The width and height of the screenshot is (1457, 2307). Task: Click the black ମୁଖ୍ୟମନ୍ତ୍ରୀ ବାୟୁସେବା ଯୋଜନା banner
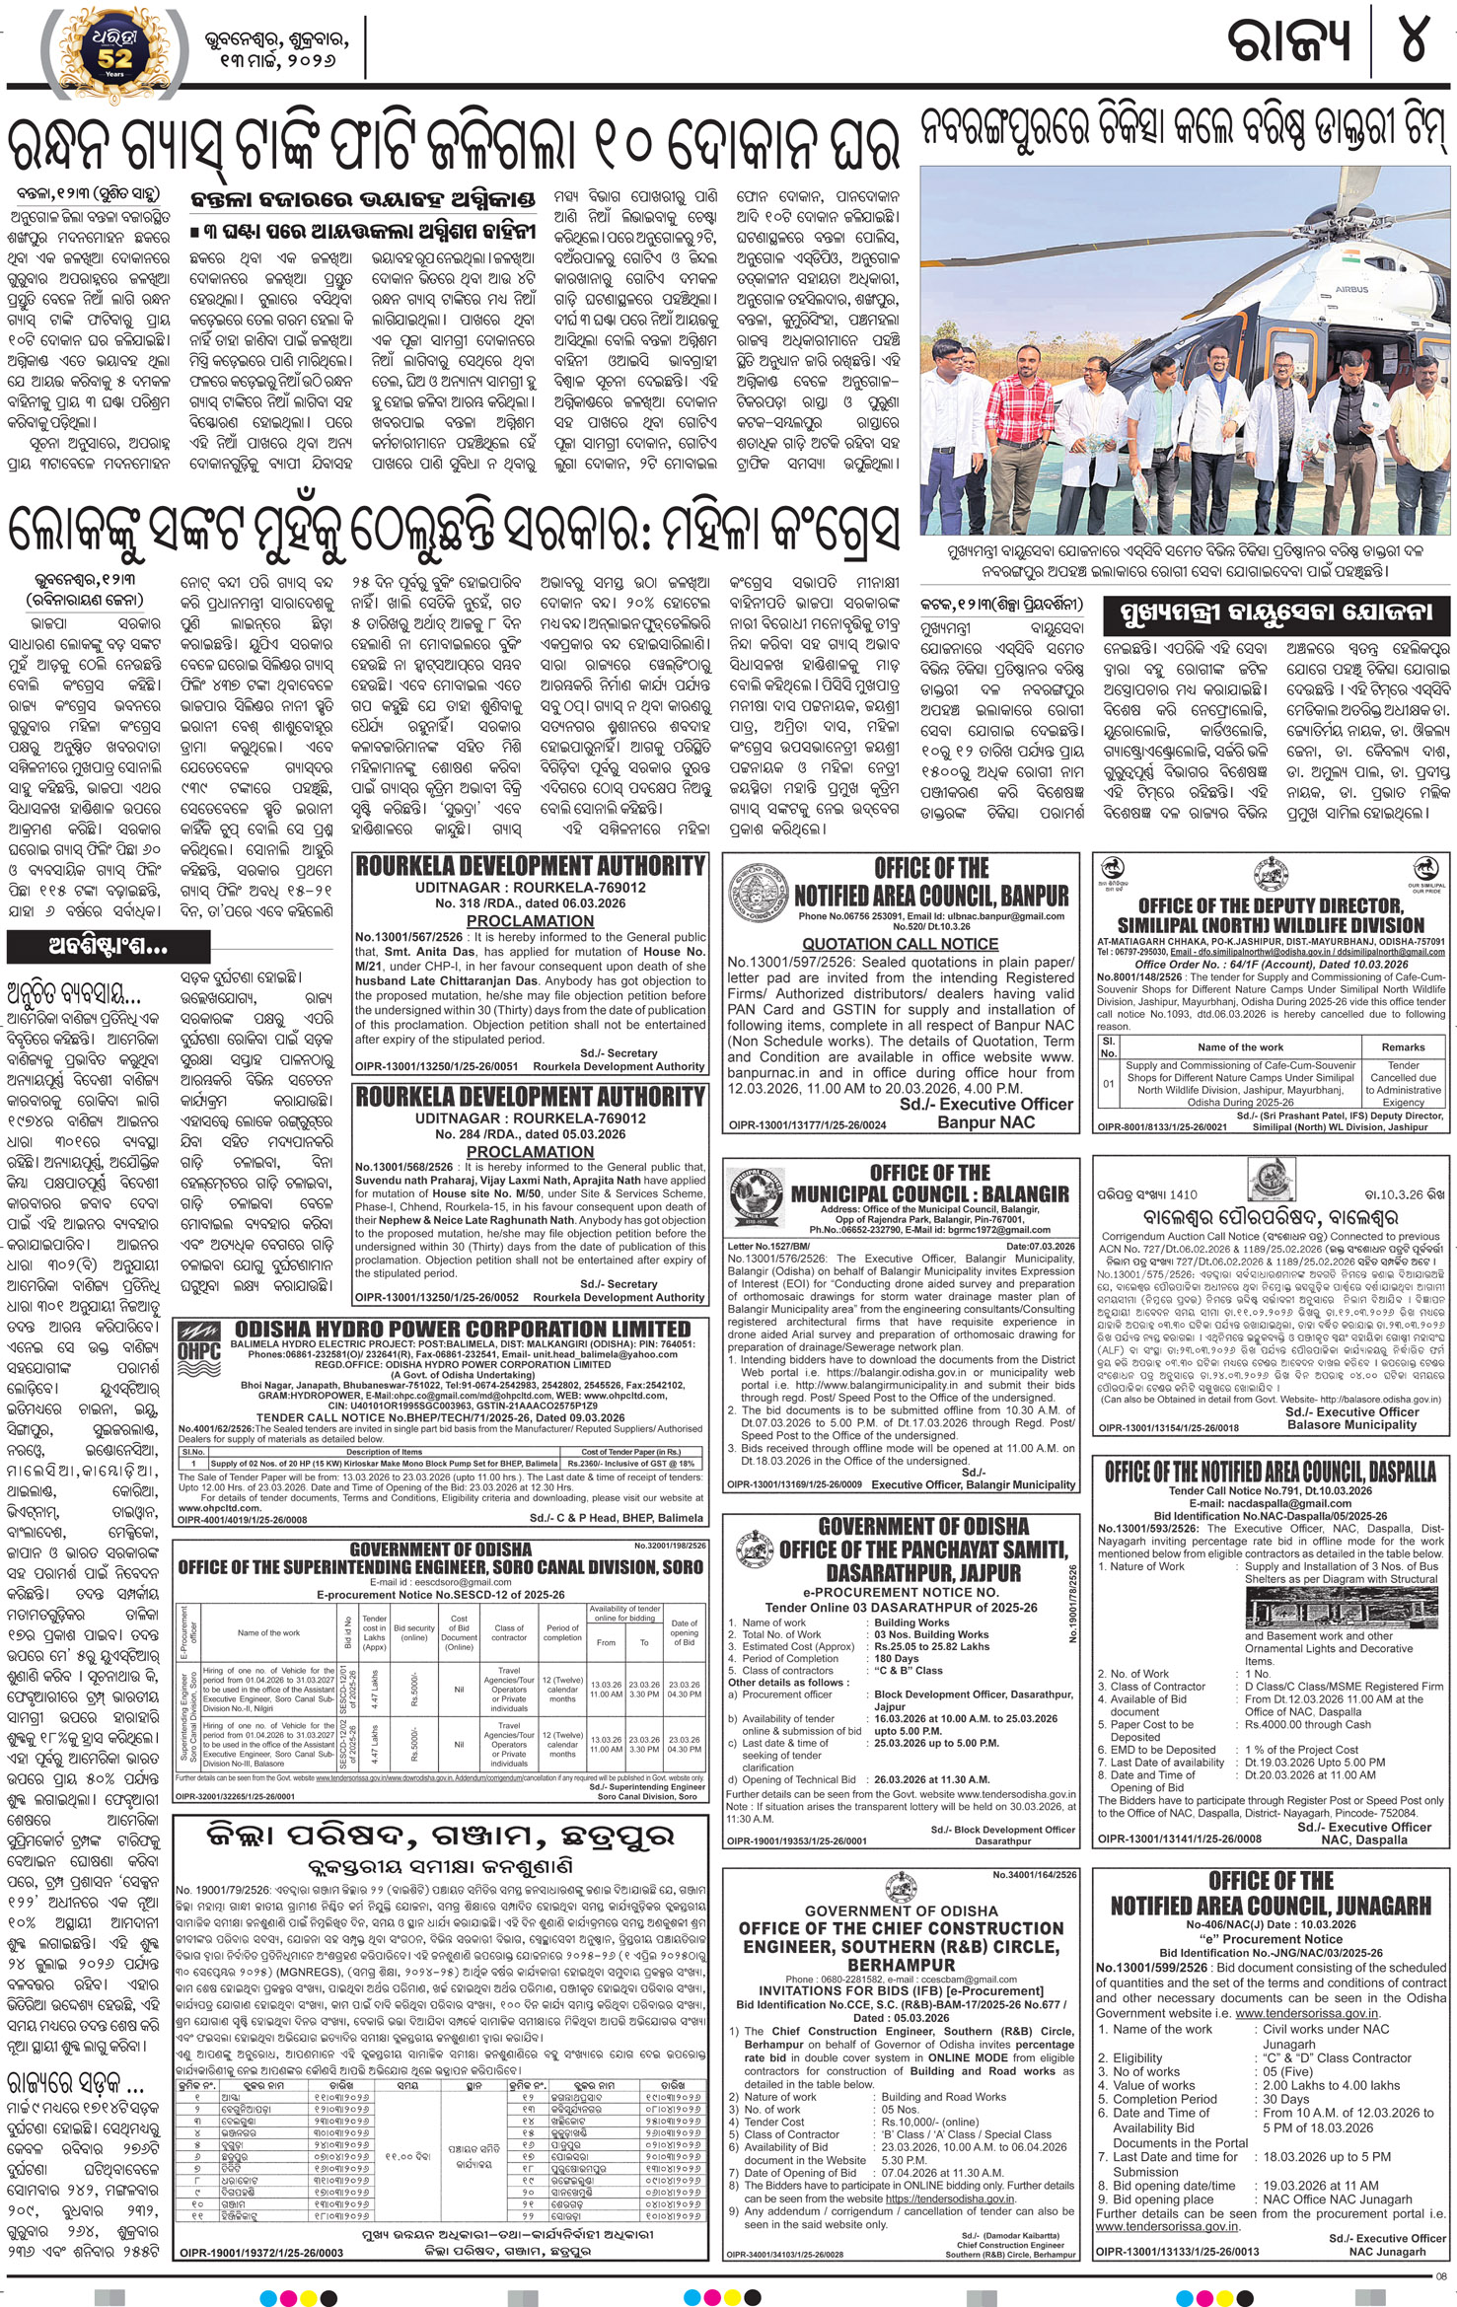point(1273,613)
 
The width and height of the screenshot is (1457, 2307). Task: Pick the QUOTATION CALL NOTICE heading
point(900,944)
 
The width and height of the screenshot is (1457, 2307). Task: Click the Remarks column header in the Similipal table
point(1403,1046)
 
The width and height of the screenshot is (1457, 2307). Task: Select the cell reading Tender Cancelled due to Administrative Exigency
point(1403,1083)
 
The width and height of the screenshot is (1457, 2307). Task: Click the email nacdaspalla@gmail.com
point(1270,1504)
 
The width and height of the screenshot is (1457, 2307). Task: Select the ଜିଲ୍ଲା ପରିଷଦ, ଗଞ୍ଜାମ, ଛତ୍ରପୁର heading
point(440,1837)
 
